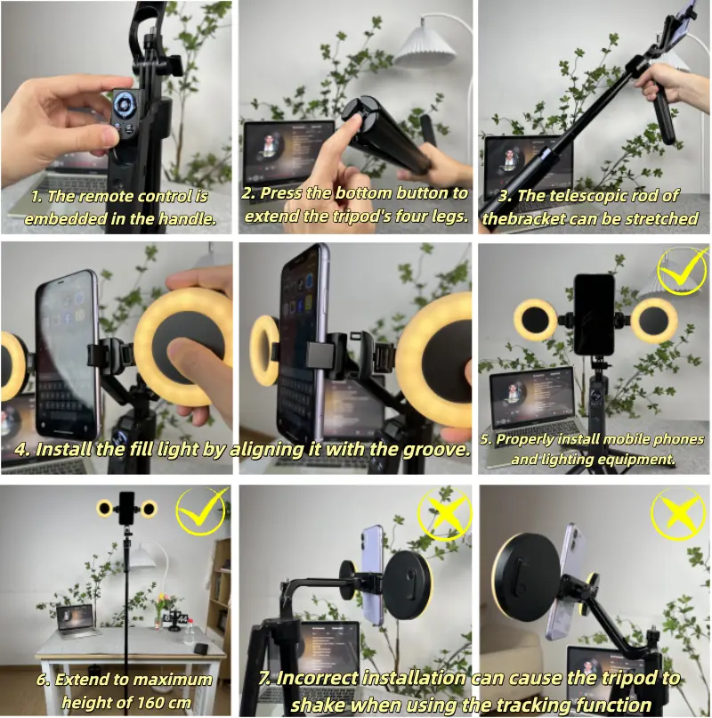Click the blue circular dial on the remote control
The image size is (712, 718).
coord(123,105)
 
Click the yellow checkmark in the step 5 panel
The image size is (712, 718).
coord(683,271)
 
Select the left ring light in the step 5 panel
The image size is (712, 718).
coord(535,320)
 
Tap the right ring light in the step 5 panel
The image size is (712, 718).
coord(654,320)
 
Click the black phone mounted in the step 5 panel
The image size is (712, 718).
coord(594,314)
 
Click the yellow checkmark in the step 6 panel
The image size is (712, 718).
coord(201,511)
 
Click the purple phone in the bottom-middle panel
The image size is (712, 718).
coord(373,575)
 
